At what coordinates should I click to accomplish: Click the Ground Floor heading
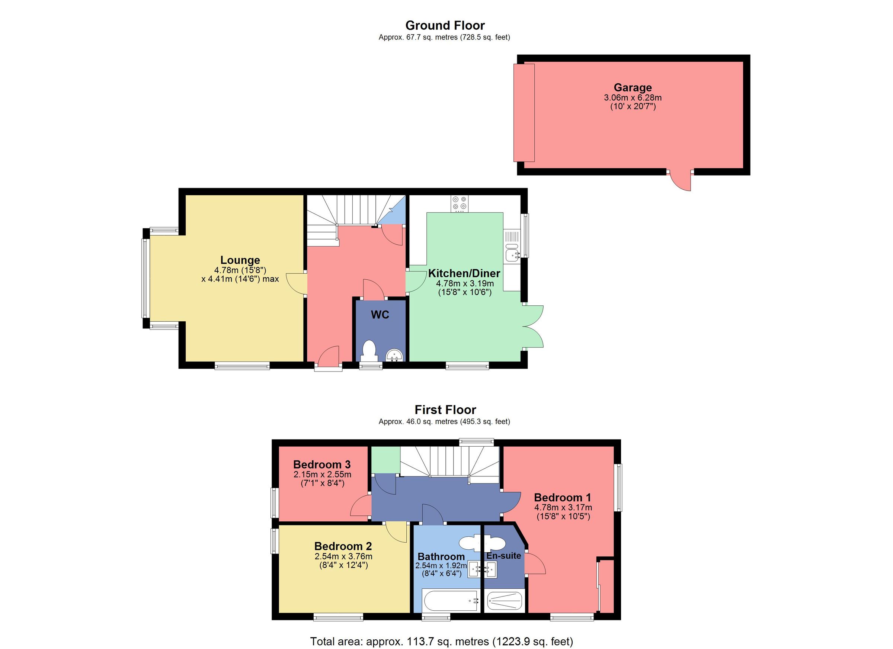point(445,26)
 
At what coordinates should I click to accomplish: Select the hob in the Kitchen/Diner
point(460,203)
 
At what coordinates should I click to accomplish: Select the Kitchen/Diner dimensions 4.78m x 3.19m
point(465,283)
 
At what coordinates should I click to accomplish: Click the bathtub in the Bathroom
point(450,601)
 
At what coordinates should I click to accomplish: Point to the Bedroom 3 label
point(322,465)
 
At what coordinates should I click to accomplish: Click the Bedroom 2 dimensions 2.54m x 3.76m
point(343,556)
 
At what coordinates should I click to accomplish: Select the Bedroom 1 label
point(562,498)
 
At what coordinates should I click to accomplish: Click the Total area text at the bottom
point(441,642)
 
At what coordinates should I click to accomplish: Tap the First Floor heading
point(445,410)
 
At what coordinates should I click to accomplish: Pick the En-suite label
point(503,556)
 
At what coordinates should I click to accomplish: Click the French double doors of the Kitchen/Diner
point(534,326)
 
